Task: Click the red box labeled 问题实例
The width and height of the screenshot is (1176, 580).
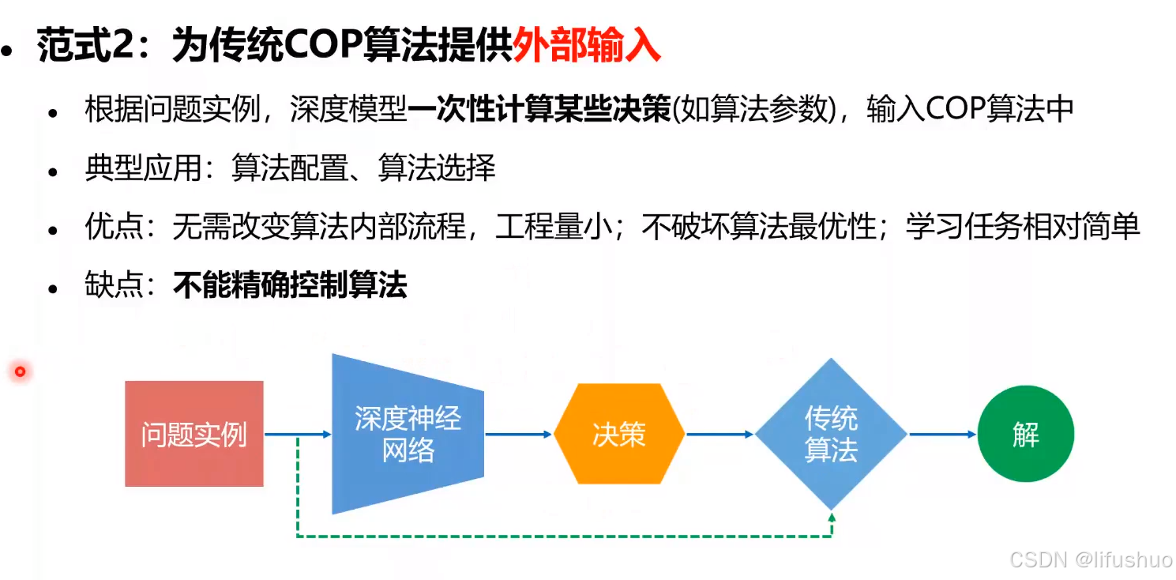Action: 193,434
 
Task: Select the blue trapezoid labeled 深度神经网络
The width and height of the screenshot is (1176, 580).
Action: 408,434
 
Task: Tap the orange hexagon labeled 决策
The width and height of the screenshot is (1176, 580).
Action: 618,434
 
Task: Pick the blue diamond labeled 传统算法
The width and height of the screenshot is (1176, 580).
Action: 831,434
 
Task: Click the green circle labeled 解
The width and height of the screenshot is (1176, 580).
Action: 1025,434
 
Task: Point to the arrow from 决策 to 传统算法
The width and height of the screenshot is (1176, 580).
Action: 720,434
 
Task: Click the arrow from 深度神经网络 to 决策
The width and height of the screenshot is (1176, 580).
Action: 518,434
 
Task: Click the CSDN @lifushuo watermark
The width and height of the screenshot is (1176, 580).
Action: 1091,559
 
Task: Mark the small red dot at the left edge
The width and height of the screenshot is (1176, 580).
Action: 20,371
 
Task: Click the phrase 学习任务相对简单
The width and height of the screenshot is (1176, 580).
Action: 1023,228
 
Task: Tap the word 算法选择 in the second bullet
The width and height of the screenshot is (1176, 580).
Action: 437,168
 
